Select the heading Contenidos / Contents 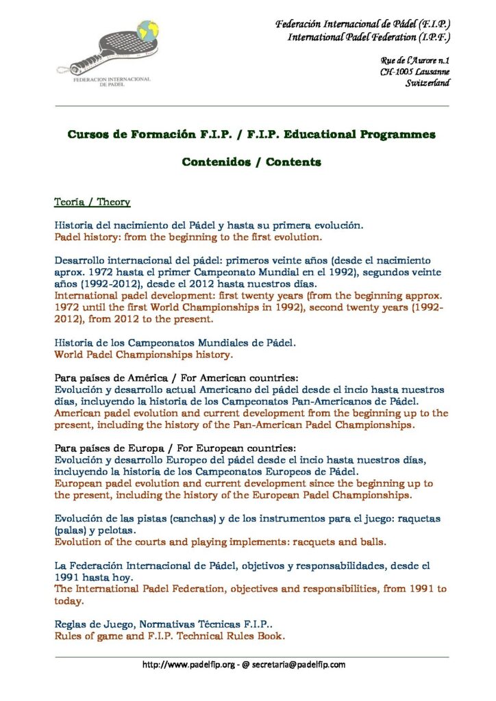click(x=251, y=162)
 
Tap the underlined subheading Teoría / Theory click(x=92, y=203)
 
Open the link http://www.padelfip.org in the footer click(x=188, y=665)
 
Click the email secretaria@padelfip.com click(x=301, y=665)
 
